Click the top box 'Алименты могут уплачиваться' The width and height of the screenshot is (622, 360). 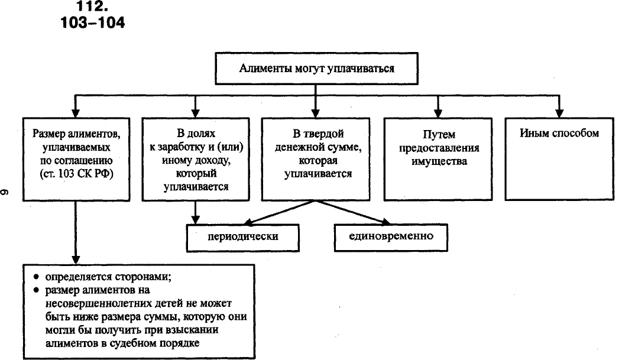click(x=316, y=69)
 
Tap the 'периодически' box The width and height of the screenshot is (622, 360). click(x=243, y=236)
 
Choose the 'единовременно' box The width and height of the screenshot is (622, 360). click(x=390, y=236)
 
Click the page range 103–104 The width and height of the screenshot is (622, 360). click(x=93, y=24)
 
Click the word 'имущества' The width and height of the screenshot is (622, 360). click(x=438, y=161)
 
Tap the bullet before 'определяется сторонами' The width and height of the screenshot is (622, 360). click(x=36, y=277)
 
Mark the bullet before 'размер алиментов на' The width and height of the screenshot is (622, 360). click(x=36, y=290)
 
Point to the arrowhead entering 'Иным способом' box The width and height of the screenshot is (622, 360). click(x=559, y=112)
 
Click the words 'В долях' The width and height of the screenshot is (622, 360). click(x=194, y=133)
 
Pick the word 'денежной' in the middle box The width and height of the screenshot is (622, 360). click(x=293, y=147)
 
